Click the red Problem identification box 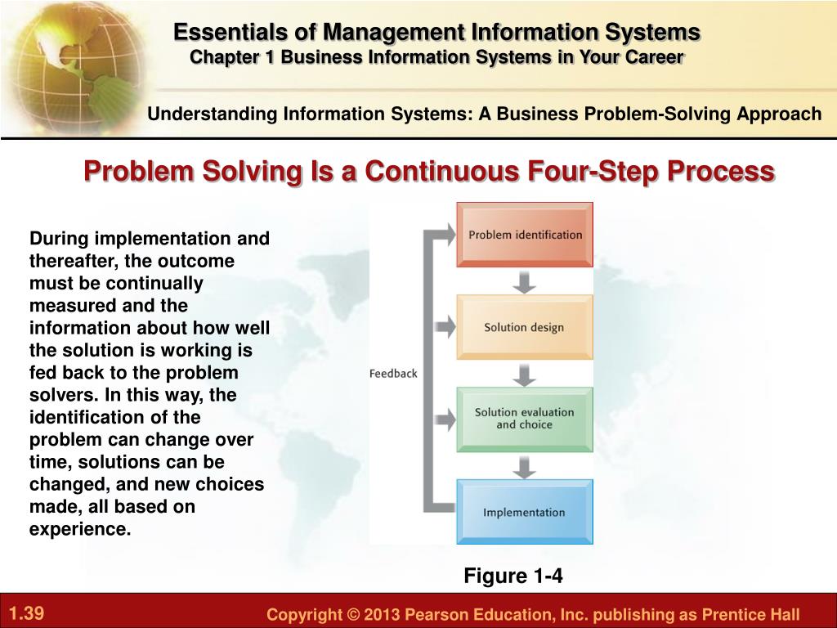click(x=525, y=235)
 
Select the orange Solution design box click(x=525, y=327)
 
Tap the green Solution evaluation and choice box click(x=525, y=419)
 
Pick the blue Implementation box click(x=525, y=512)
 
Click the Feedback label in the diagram click(x=393, y=373)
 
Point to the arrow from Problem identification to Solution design click(x=524, y=282)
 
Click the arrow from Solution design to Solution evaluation click(x=524, y=375)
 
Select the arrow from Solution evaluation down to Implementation click(x=524, y=467)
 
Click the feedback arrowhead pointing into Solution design click(x=446, y=327)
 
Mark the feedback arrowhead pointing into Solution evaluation click(x=446, y=419)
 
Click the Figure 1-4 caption click(x=513, y=576)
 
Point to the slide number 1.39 click(x=27, y=612)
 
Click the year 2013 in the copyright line click(x=381, y=614)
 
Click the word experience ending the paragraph click(x=79, y=529)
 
